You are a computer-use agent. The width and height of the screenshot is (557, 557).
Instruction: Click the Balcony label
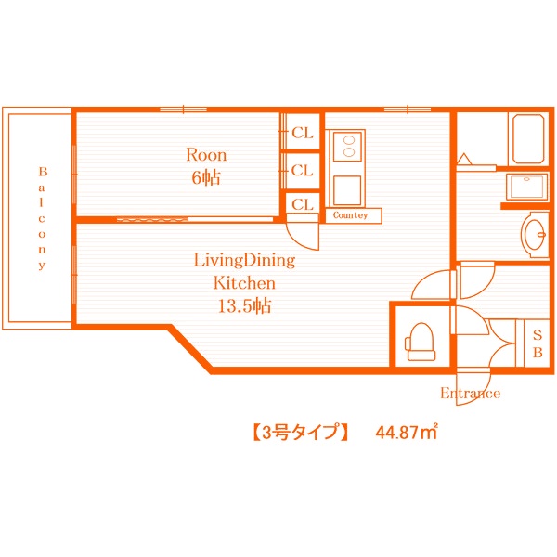pos(42,218)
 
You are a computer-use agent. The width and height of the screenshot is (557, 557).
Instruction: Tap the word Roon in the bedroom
pos(206,155)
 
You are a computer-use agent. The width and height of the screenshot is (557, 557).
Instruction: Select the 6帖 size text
pos(206,177)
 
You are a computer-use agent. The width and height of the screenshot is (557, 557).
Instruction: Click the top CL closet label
pos(303,133)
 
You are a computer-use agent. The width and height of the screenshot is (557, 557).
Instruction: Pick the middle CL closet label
pos(303,170)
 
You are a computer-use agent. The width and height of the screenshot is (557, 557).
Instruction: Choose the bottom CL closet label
pos(303,204)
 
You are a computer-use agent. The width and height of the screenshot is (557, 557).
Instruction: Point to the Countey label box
pos(350,215)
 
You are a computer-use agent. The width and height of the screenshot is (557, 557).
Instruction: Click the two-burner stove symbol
pos(346,146)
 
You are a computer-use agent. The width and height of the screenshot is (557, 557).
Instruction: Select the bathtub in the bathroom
pos(528,138)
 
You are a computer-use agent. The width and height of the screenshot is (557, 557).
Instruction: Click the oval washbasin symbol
pos(536,234)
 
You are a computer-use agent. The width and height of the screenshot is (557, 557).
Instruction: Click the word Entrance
pos(470,394)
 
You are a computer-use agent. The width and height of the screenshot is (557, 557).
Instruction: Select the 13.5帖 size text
pos(243,306)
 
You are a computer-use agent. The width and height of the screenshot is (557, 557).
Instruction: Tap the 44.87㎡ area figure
pos(407,432)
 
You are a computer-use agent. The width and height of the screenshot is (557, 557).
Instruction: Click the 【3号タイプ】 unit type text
pos(300,432)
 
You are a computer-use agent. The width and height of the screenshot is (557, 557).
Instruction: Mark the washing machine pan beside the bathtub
pos(526,187)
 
